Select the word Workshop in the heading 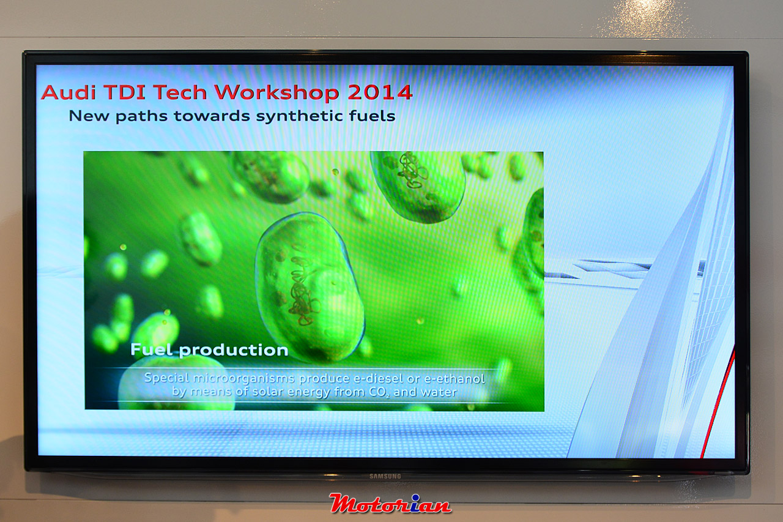pos(277,93)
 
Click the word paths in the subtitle pos(141,116)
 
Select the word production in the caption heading pos(234,350)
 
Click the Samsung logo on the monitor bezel pos(385,476)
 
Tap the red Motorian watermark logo pos(390,504)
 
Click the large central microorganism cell pos(310,286)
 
